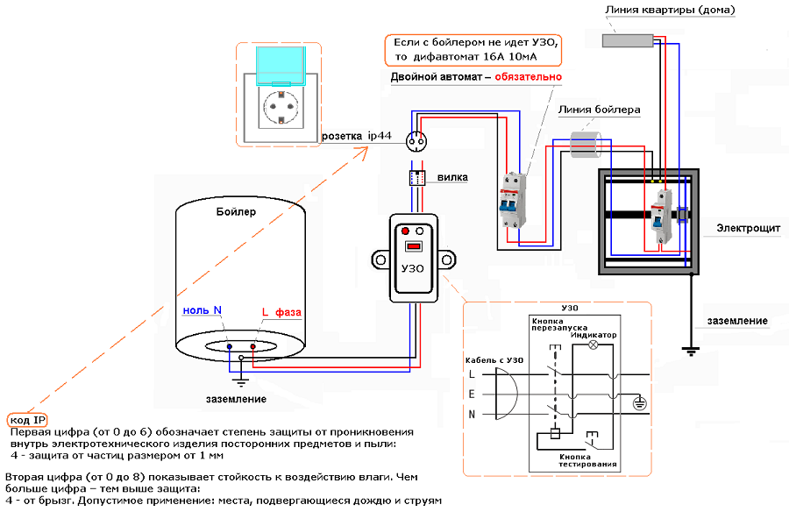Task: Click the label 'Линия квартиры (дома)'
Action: [x=670, y=11]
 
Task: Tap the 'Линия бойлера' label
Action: [x=598, y=110]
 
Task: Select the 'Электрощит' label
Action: [x=748, y=228]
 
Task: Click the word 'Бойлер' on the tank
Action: [x=236, y=212]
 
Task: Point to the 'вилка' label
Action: [x=452, y=177]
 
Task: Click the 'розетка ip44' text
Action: [x=357, y=137]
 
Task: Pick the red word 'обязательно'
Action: [x=528, y=77]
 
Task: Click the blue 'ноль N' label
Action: [x=202, y=309]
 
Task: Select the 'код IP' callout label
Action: [x=26, y=420]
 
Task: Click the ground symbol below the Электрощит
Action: [x=692, y=351]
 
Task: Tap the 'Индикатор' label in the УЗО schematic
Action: [x=594, y=335]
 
